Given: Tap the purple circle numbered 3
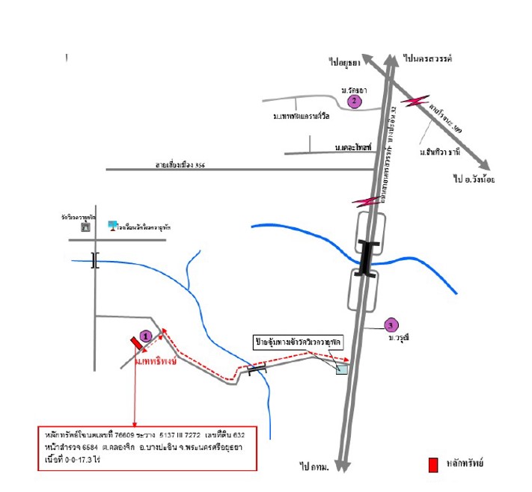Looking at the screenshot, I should point(389,325).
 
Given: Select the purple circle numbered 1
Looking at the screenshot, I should point(146,336).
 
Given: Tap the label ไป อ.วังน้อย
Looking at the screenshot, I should point(474,179).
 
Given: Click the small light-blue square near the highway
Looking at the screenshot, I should point(341,368).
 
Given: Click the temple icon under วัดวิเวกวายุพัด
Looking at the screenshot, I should point(85,226).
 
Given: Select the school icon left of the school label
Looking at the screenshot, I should point(113,224).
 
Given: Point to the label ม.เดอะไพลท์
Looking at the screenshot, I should point(354,148).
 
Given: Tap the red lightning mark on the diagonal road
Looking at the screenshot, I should point(415,101).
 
